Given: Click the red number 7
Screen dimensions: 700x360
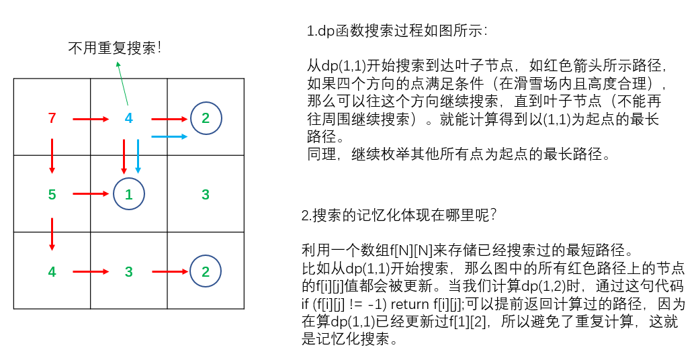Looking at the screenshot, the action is [x=52, y=118].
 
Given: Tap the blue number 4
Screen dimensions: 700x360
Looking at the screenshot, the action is [x=128, y=118].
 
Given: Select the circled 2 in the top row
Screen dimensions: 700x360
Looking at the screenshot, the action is [x=206, y=118].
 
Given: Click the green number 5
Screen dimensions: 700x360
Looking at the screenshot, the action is [x=52, y=195].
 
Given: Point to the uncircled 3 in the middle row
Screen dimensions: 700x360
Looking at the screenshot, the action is [x=206, y=195].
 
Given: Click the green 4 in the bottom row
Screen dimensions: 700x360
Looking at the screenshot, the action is [x=52, y=272].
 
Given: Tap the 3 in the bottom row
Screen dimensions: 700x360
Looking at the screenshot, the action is [x=128, y=272].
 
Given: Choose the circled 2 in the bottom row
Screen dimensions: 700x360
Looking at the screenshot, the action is [x=206, y=272].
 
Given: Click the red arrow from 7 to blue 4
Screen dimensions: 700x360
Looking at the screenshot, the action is [x=91, y=120].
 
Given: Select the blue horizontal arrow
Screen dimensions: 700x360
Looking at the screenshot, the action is [x=169, y=136].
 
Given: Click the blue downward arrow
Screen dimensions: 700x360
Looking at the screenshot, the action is [x=138, y=156].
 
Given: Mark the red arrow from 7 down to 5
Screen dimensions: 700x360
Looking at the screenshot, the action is [x=52, y=156].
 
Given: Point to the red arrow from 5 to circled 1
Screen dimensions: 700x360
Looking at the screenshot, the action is [x=91, y=195].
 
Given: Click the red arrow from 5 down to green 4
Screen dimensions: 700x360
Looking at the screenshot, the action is [x=52, y=233].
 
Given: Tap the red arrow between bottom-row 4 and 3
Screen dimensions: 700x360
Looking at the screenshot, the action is [x=91, y=272].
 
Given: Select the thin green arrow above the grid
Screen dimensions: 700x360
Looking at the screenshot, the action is [x=122, y=83].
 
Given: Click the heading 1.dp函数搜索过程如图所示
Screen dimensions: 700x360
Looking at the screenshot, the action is [x=397, y=32].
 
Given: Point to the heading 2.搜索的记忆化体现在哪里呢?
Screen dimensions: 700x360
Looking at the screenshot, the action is [x=399, y=215].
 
